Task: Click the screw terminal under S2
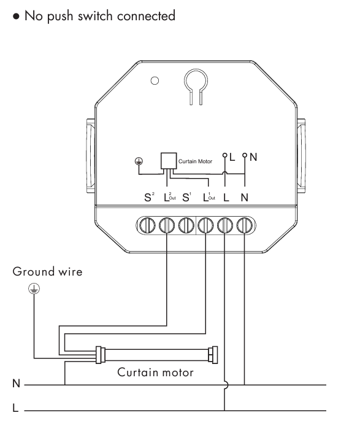pos(147,226)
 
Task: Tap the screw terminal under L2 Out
pos(167,226)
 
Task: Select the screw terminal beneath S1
pos(186,226)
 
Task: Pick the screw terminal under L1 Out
pos(205,226)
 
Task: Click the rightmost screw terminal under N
pos(244,226)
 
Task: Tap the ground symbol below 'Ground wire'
pos(34,289)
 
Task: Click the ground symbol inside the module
pos(139,161)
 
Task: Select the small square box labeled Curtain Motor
pos(169,161)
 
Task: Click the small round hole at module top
pos(155,81)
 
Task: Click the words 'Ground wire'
pos(47,271)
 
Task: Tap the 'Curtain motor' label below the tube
pos(155,373)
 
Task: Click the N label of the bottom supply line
pos(16,384)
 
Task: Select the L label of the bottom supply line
pos(15,408)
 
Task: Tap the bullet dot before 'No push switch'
pos(17,17)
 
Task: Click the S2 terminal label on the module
pos(149,196)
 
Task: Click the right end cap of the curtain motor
pos(213,355)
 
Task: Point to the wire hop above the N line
pos(226,385)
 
